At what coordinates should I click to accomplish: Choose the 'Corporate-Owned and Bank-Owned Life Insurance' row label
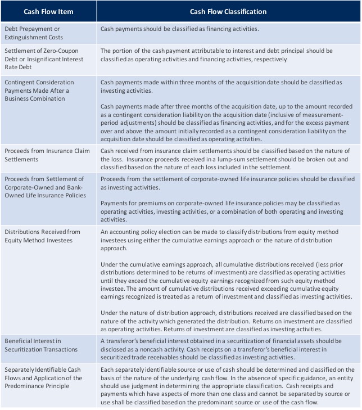coord(46,187)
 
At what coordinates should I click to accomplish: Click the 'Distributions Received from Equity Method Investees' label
coord(42,236)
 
